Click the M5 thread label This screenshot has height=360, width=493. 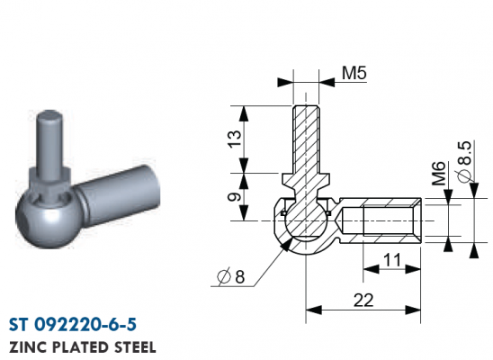[354, 73]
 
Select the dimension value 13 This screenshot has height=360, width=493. [235, 139]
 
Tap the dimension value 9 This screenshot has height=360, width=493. [235, 197]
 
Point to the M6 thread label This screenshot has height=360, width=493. [439, 173]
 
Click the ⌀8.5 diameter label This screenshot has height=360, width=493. [465, 161]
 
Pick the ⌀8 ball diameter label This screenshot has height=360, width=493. [231, 276]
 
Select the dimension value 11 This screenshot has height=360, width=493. [391, 260]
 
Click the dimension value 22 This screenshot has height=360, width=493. [363, 301]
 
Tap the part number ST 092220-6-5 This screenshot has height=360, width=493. [73, 325]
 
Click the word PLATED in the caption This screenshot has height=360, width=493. [80, 347]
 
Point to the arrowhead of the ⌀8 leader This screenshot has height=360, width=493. [286, 244]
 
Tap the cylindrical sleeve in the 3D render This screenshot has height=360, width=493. [119, 196]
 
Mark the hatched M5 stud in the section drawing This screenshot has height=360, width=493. [306, 139]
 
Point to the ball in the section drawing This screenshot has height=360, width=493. [306, 221]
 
